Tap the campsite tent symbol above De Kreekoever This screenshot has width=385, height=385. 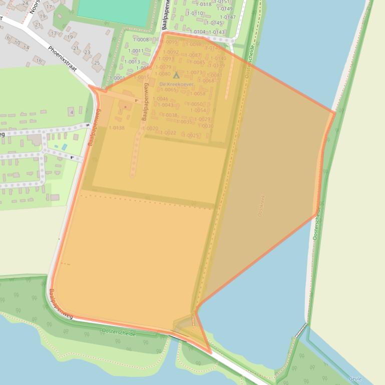pyautogui.click(x=176, y=75)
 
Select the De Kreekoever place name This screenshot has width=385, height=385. pyautogui.click(x=176, y=84)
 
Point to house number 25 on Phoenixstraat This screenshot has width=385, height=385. pyautogui.click(x=97, y=63)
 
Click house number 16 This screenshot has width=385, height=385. pyautogui.click(x=39, y=60)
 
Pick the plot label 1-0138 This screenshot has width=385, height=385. pyautogui.click(x=117, y=127)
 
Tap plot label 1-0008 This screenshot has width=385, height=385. pyautogui.click(x=141, y=39)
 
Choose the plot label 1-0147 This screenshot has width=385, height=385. pyautogui.click(x=228, y=17)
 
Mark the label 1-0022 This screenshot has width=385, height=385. pyautogui.click(x=168, y=132)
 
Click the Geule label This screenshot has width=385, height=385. pyautogui.click(x=355, y=379)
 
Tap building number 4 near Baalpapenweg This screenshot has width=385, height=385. pyautogui.click(x=72, y=112)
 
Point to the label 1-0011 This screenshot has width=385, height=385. pyautogui.click(x=136, y=51)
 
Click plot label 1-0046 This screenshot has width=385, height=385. pyautogui.click(x=160, y=98)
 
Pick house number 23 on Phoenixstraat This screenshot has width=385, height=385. pyautogui.click(x=87, y=52)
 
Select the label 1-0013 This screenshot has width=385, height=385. pyautogui.click(x=132, y=62)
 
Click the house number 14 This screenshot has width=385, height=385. pyautogui.click(x=27, y=48)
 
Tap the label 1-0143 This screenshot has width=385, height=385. pyautogui.click(x=217, y=32)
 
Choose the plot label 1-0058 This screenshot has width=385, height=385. pyautogui.click(x=198, y=93)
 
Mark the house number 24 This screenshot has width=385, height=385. pyautogui.click(x=25, y=3)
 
